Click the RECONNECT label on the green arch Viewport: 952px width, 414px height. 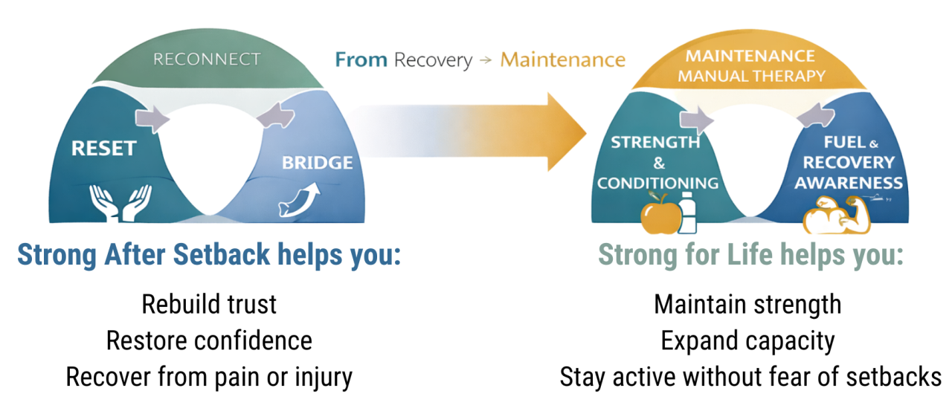(207, 59)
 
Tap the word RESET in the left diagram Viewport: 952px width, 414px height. (103, 148)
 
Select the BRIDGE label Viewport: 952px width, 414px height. (317, 162)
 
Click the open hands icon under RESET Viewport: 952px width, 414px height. (121, 202)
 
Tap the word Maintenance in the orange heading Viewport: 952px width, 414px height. (562, 59)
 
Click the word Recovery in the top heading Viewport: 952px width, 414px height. (433, 59)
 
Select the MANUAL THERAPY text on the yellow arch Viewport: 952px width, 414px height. (751, 76)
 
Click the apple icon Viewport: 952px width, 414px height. (660, 213)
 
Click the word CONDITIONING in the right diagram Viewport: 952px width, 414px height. (657, 183)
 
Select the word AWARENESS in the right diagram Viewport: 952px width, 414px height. (849, 182)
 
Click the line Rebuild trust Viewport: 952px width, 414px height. (209, 304)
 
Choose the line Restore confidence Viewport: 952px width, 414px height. (209, 340)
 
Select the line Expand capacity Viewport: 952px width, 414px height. (747, 340)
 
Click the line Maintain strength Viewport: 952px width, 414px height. (747, 304)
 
